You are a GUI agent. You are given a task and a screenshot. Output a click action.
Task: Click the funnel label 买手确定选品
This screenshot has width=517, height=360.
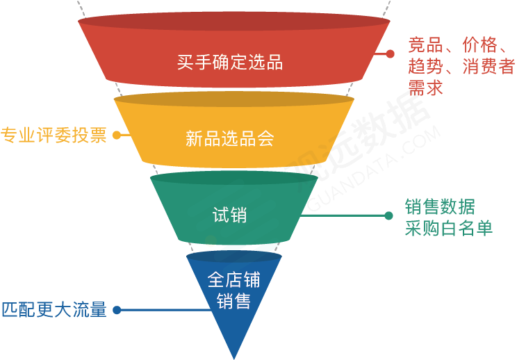[x=230, y=63]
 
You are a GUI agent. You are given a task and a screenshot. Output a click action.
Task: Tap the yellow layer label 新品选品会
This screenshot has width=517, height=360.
[x=230, y=138]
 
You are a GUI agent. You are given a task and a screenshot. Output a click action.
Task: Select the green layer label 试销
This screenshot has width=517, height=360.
[x=229, y=215]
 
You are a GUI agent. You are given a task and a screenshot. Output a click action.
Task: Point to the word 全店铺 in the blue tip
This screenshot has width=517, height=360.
[x=233, y=280]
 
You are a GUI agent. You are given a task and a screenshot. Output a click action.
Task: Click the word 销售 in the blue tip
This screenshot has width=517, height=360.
[x=233, y=302]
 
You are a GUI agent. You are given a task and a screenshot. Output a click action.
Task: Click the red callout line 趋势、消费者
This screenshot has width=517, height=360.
[x=461, y=67]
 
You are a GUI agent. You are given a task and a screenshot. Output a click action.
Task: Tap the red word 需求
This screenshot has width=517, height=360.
[x=425, y=88]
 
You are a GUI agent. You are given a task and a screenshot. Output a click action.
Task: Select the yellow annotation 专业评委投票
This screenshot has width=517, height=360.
[x=54, y=136]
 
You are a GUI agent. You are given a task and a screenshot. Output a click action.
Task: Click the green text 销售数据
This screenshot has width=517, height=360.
[x=440, y=206]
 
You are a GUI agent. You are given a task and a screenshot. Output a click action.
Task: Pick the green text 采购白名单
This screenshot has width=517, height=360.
[x=449, y=228]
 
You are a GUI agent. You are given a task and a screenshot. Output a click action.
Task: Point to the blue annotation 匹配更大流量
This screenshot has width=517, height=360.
[x=54, y=310]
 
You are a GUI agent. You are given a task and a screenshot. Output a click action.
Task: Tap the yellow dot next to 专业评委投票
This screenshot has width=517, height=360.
[x=116, y=136]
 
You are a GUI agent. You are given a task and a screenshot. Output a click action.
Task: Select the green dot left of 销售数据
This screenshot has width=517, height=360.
[x=388, y=215]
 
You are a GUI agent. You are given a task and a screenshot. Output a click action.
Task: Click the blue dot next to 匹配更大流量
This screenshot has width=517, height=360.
[x=117, y=310]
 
